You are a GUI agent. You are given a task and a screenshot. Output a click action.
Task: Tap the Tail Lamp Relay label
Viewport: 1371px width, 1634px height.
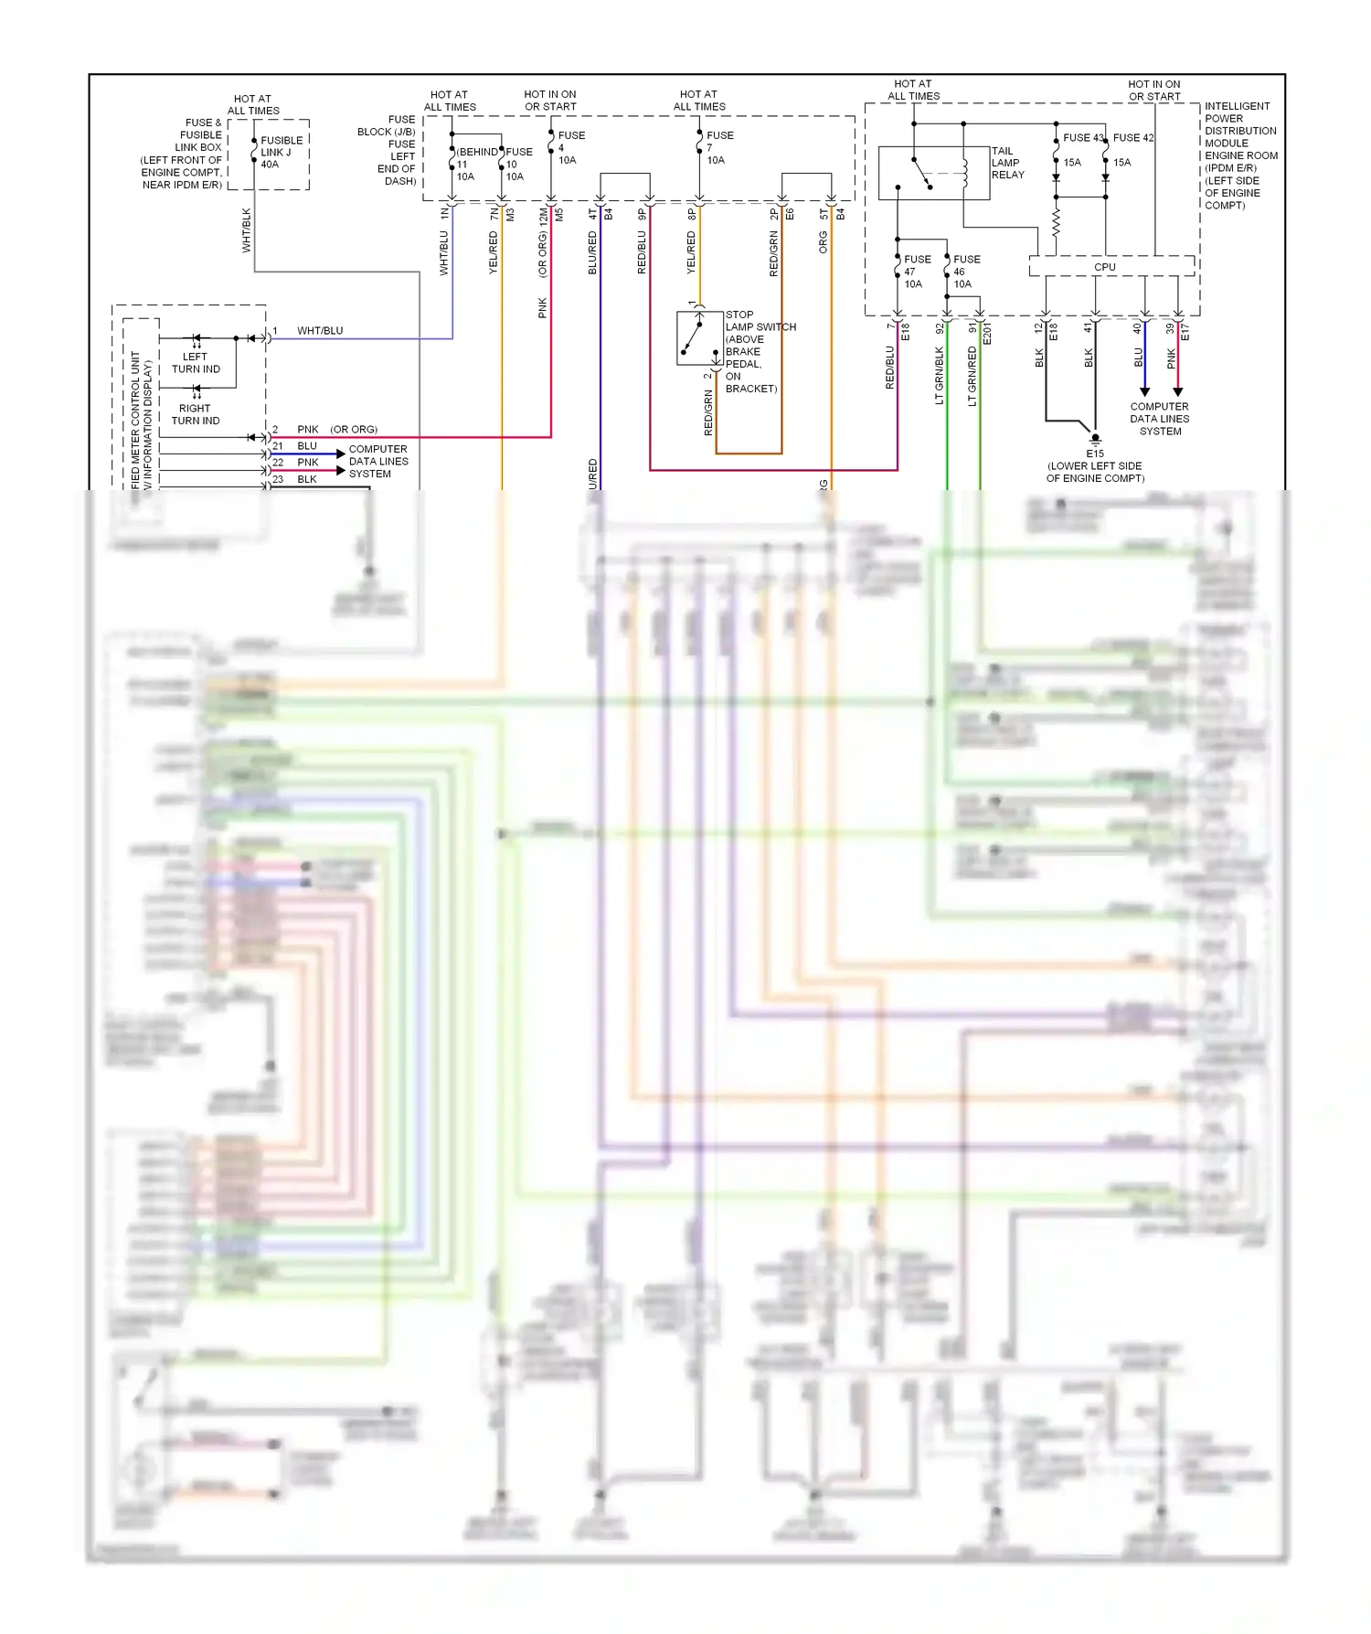click(x=1007, y=163)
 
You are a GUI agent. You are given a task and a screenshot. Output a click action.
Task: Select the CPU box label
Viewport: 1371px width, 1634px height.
click(x=1104, y=267)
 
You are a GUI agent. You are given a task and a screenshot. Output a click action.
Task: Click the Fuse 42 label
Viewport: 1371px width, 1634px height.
click(x=1133, y=138)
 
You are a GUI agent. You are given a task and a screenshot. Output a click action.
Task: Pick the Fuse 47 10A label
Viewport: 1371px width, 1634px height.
click(x=916, y=272)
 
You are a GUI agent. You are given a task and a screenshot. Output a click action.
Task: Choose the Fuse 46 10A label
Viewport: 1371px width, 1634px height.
click(x=965, y=272)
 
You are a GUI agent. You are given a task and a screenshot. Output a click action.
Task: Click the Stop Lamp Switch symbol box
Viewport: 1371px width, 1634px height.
click(x=699, y=338)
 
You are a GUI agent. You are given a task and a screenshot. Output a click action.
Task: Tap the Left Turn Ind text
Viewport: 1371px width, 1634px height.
click(x=196, y=363)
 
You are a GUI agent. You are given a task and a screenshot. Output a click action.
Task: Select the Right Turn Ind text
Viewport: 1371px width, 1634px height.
click(x=196, y=414)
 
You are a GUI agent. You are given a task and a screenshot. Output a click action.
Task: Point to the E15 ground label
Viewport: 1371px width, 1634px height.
click(x=1095, y=454)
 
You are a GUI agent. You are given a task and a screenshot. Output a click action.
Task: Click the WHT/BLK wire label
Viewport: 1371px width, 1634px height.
click(x=247, y=230)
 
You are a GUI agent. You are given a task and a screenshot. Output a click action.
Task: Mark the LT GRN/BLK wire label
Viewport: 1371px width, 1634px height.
click(x=940, y=375)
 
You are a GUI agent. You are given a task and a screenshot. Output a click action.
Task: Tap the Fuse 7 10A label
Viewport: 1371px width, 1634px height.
click(x=717, y=147)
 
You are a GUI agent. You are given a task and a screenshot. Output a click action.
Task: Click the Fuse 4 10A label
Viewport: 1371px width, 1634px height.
click(x=569, y=147)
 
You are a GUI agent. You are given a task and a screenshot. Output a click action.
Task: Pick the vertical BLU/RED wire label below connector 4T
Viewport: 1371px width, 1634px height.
click(x=592, y=252)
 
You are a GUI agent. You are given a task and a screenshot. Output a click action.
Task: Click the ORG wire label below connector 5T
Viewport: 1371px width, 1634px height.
click(x=823, y=242)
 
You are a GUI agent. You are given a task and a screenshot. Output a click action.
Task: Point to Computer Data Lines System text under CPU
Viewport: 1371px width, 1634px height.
click(x=1159, y=419)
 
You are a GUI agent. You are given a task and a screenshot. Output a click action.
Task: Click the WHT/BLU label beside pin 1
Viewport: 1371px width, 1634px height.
click(x=320, y=331)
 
